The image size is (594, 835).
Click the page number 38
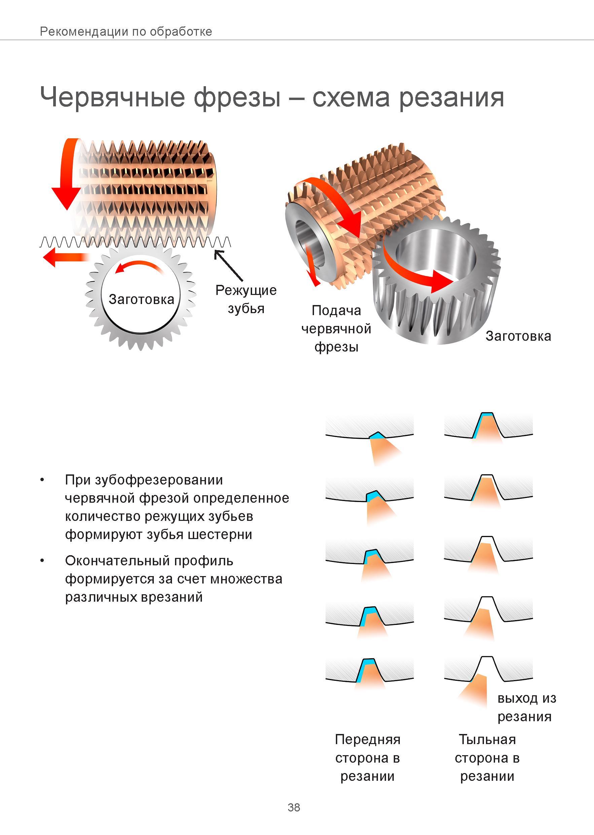pos(294,807)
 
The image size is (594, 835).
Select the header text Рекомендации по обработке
pos(126,31)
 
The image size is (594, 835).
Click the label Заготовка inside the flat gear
pos(141,299)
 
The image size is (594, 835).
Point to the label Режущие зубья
pos(246,299)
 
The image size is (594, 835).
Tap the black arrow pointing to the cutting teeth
pos(228,265)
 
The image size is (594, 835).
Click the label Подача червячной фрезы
pos(336,329)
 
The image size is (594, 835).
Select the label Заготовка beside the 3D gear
pos(518,336)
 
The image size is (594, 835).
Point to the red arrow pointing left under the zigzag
pos(66,257)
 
